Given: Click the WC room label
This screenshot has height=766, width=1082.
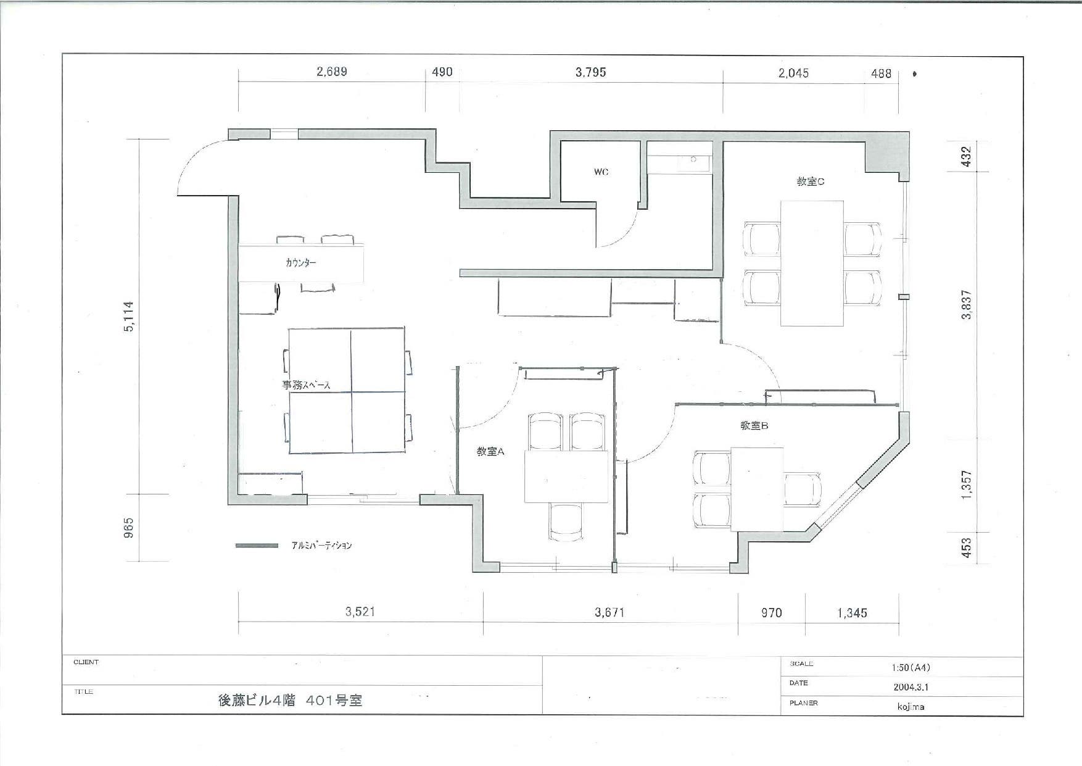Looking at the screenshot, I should [601, 172].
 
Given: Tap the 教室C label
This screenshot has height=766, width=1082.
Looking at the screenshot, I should [811, 181].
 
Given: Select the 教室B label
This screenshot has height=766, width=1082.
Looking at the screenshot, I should [754, 426].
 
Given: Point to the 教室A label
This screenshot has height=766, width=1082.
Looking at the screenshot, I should [490, 452].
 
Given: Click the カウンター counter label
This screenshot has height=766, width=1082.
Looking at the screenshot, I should [301, 263].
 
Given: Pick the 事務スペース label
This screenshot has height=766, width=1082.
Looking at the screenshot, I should [306, 385].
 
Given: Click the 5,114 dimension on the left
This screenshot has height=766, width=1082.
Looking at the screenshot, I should [129, 317].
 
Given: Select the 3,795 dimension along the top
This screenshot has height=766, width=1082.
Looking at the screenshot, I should [590, 72].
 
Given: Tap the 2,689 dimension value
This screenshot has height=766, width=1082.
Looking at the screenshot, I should [331, 72].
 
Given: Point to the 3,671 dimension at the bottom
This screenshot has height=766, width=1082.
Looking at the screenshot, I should [609, 612].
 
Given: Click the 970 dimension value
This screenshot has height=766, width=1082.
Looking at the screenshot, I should [771, 612].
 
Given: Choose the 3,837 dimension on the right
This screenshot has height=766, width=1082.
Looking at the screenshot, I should [966, 304].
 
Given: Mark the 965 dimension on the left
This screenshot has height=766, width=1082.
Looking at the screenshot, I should [129, 528].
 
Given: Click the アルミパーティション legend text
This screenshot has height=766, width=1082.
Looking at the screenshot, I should [321, 546].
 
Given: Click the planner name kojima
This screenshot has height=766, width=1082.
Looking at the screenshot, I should [911, 707].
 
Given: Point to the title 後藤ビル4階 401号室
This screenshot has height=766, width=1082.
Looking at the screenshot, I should [290, 701].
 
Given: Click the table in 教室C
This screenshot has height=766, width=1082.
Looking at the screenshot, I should [811, 263].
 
